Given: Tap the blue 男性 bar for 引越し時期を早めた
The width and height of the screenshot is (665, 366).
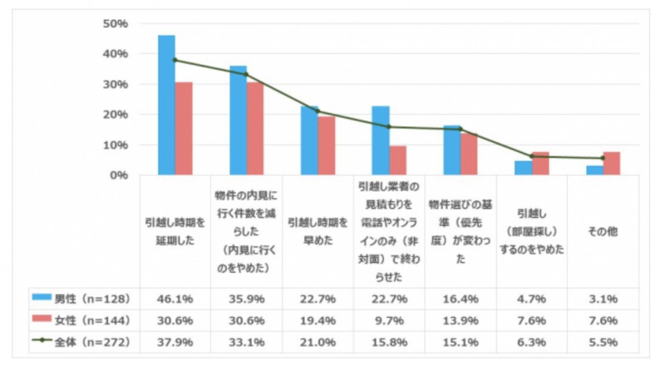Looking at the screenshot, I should [x=308, y=141].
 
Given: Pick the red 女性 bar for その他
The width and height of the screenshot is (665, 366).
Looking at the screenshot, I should [x=612, y=163].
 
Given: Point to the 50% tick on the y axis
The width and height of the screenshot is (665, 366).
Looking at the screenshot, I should [x=114, y=23].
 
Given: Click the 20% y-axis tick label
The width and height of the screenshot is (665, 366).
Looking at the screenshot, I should [x=114, y=115].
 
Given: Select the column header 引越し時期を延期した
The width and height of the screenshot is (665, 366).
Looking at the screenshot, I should [x=175, y=230].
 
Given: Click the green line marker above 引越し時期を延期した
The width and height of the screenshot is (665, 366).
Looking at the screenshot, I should [x=175, y=60].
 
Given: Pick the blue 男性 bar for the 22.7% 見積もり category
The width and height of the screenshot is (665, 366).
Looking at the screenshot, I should [x=381, y=141].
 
